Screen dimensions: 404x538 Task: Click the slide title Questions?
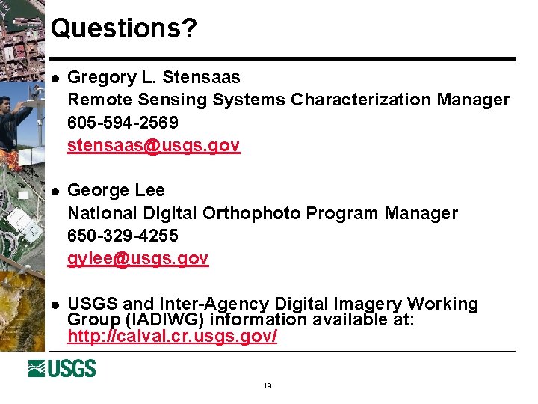124,28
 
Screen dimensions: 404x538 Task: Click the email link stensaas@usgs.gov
153,145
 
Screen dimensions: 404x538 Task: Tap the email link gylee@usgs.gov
137,258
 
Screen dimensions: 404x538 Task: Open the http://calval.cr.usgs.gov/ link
172,336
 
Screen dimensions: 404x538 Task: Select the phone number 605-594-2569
123,122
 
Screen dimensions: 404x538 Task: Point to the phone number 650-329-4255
123,236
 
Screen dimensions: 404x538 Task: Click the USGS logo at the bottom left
62,368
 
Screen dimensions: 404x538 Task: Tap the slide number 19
267,386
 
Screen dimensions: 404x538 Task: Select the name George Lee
116,190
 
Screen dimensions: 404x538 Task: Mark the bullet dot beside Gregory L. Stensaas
53,77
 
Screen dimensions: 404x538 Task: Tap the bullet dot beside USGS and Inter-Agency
53,304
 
